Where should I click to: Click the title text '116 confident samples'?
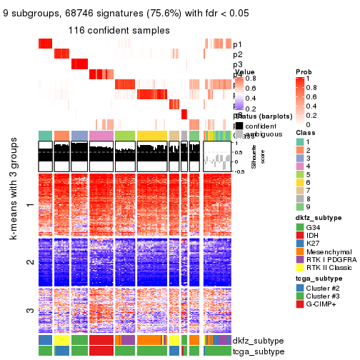[x=119, y=31]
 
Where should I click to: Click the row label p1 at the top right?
[x=237, y=44]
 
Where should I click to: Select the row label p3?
[x=237, y=64]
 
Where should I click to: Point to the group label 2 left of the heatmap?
[x=29, y=262]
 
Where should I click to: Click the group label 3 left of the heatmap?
[x=29, y=310]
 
